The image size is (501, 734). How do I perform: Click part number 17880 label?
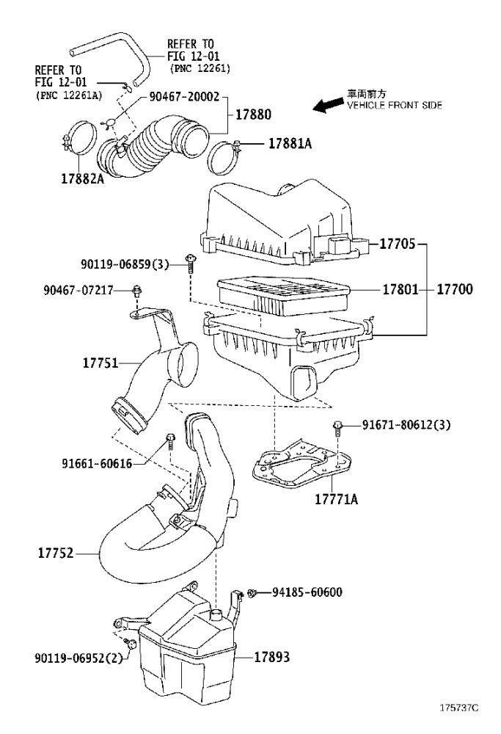[x=253, y=115]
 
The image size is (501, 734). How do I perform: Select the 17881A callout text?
[x=290, y=143]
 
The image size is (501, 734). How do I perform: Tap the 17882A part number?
[x=82, y=178]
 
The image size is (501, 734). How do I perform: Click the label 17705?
[x=397, y=244]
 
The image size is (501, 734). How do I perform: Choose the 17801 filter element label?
[x=401, y=289]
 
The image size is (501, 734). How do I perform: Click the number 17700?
[x=455, y=289]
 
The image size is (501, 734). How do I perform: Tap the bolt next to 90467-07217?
[x=136, y=291]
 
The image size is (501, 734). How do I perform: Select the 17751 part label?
[x=100, y=363]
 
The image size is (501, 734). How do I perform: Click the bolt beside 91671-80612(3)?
[x=337, y=427]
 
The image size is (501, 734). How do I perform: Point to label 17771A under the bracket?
[x=337, y=499]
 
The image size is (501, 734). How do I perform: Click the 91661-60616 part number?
[x=97, y=463]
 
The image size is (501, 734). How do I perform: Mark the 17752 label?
[x=56, y=553]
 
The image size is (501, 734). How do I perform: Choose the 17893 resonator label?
[x=272, y=657]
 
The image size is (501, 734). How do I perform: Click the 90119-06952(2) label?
[x=78, y=658]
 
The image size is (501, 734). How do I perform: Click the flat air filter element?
[x=283, y=295]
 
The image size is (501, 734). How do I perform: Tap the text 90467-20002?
[x=184, y=97]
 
